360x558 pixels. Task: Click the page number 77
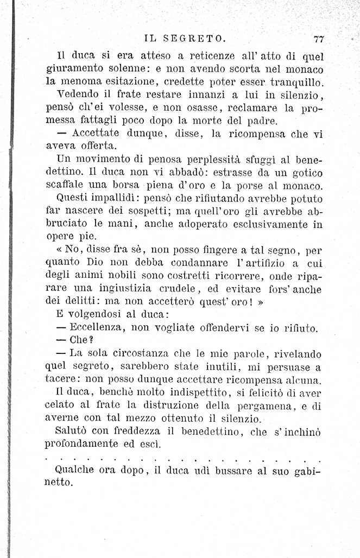319,39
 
